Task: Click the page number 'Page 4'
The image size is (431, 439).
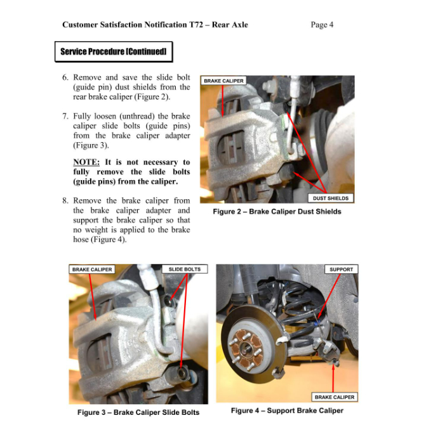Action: (x=322, y=25)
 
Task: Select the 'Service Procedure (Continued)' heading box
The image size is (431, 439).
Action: (x=113, y=51)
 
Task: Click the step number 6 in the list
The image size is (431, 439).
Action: (x=65, y=77)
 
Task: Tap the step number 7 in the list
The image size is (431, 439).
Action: (x=65, y=117)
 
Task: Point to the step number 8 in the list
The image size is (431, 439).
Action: (x=65, y=200)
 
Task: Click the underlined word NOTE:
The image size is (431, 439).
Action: (x=86, y=162)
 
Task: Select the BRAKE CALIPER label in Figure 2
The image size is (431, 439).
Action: (x=223, y=81)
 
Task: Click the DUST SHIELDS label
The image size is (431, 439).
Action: (x=331, y=198)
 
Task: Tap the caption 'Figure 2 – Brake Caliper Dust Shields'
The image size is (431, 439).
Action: (x=277, y=211)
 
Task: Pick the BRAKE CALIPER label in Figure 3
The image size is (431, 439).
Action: (x=92, y=270)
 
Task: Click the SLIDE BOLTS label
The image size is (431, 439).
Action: (x=184, y=270)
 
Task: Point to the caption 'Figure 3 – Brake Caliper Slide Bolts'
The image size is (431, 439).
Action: (x=138, y=412)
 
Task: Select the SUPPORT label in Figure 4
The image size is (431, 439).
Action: (x=341, y=270)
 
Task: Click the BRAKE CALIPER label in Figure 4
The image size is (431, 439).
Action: (x=335, y=397)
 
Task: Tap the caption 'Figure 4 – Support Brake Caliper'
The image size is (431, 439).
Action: (x=287, y=410)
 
